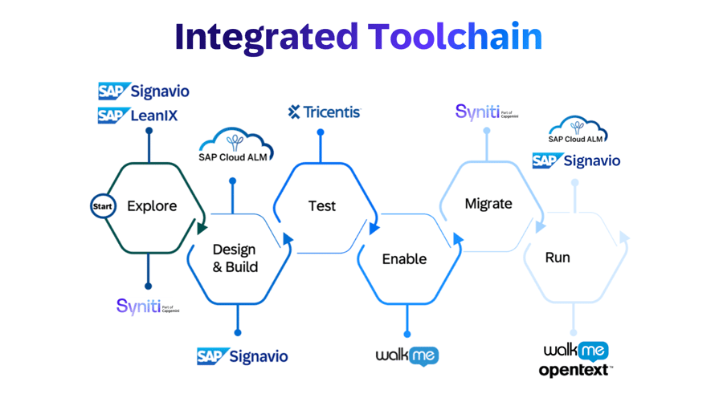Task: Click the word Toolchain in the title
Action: (x=455, y=36)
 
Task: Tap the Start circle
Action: (x=103, y=206)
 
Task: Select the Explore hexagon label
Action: (x=152, y=206)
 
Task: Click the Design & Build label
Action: (x=235, y=258)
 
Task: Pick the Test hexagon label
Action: (x=322, y=206)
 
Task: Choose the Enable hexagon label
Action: (x=404, y=259)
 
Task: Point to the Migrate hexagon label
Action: (x=488, y=204)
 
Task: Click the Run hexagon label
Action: (x=558, y=258)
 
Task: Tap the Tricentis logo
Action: (x=325, y=112)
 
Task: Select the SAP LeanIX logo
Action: (x=138, y=116)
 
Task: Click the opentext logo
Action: (x=574, y=371)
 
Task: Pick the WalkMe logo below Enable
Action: (x=407, y=355)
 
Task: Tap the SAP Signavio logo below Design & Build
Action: (x=242, y=355)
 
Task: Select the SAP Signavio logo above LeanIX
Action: (x=144, y=91)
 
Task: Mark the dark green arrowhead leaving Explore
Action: (x=202, y=229)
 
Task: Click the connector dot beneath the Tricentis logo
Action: (x=321, y=133)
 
